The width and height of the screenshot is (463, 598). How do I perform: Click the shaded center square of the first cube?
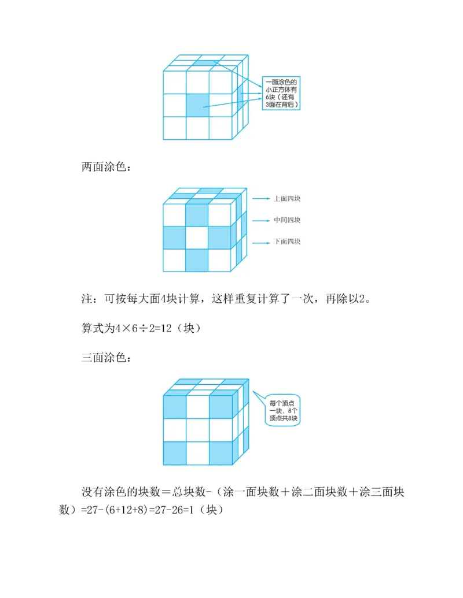pos(197,105)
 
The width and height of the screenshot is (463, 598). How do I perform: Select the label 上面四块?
pos(286,199)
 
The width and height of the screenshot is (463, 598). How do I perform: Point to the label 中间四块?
pos(286,220)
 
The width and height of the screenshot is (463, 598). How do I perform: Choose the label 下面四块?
pos(286,242)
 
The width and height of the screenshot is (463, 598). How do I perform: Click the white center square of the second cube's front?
pos(197,237)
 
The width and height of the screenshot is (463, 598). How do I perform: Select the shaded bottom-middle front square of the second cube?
pos(197,260)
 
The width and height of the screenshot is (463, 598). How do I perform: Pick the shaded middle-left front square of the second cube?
pos(174,237)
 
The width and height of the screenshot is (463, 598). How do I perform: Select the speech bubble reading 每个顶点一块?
pos(283,410)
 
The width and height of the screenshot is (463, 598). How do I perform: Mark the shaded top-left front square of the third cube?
pos(174,406)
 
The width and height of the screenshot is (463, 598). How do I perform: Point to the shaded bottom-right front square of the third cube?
pos(220,453)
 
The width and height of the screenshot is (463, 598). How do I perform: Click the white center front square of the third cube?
pos(197,429)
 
